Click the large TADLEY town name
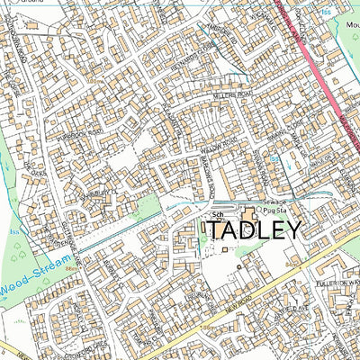click(x=255, y=230)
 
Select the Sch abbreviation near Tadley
click(x=217, y=216)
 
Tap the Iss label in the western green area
click(x=12, y=230)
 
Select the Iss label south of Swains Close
click(x=274, y=161)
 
